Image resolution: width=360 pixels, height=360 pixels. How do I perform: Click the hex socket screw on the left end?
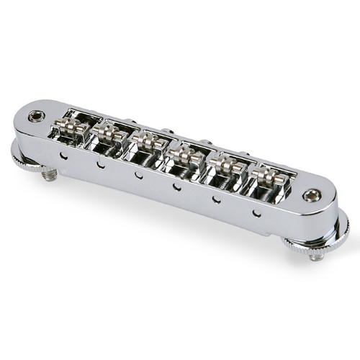(x=34, y=115)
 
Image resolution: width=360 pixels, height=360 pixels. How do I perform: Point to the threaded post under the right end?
(x=315, y=253)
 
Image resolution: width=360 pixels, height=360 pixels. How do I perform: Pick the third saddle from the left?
(x=148, y=142)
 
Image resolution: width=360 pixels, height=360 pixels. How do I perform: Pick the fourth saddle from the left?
(x=185, y=153)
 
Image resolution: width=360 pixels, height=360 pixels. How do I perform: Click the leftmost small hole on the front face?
(x=64, y=154)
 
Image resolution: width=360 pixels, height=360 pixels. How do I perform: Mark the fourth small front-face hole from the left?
(x=176, y=186)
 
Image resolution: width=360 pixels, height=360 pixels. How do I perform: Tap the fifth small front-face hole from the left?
(x=216, y=198)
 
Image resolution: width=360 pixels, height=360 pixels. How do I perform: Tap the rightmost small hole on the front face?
(x=256, y=211)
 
